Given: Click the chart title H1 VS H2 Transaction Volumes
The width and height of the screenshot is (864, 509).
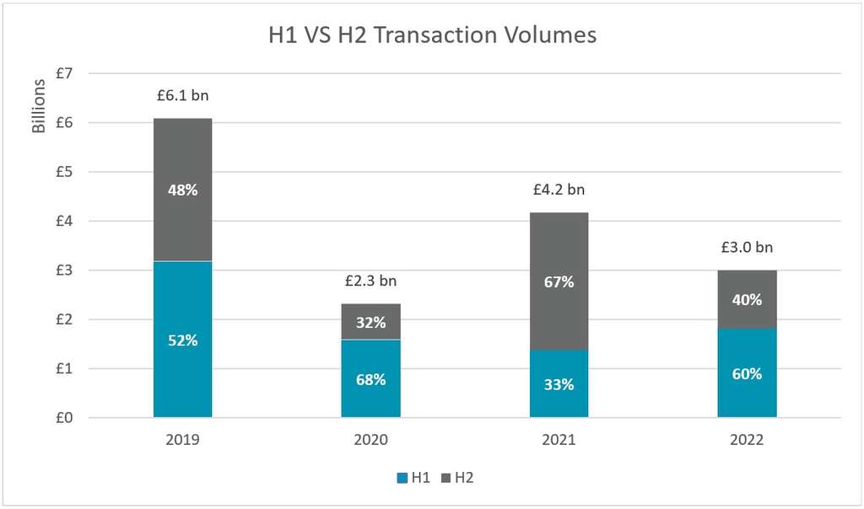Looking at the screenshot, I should [432, 35].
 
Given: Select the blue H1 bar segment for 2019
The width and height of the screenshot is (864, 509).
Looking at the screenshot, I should [182, 371].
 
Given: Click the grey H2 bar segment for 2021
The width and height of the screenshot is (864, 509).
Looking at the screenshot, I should [559, 253].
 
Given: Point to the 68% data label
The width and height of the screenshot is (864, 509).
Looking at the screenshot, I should [370, 379].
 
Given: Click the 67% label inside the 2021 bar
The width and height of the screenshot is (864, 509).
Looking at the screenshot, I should [559, 282].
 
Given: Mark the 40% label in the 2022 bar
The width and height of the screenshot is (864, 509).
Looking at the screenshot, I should [747, 299].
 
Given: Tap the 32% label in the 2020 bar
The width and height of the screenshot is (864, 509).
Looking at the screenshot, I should [370, 322].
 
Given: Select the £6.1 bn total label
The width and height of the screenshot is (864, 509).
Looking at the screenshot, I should [182, 96].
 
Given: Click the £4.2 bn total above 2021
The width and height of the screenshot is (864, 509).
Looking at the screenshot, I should [559, 190].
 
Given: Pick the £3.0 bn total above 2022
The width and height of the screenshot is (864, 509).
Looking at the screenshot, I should [747, 248].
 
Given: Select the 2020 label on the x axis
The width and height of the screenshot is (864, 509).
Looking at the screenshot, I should [370, 439].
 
